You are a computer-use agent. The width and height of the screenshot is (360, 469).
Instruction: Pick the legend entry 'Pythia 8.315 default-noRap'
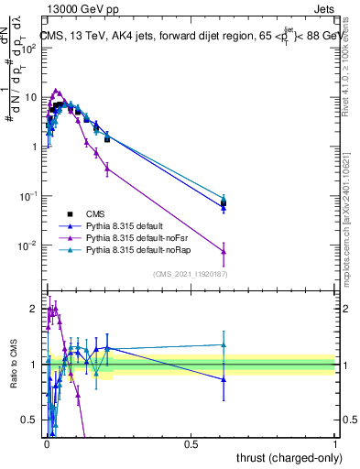[x=146, y=249]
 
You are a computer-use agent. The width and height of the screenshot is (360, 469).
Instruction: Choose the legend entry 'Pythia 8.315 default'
[x=134, y=225]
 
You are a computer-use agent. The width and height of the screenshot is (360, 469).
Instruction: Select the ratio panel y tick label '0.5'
[x=29, y=420]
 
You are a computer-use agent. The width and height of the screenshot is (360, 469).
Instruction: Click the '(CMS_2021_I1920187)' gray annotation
[x=190, y=275]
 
